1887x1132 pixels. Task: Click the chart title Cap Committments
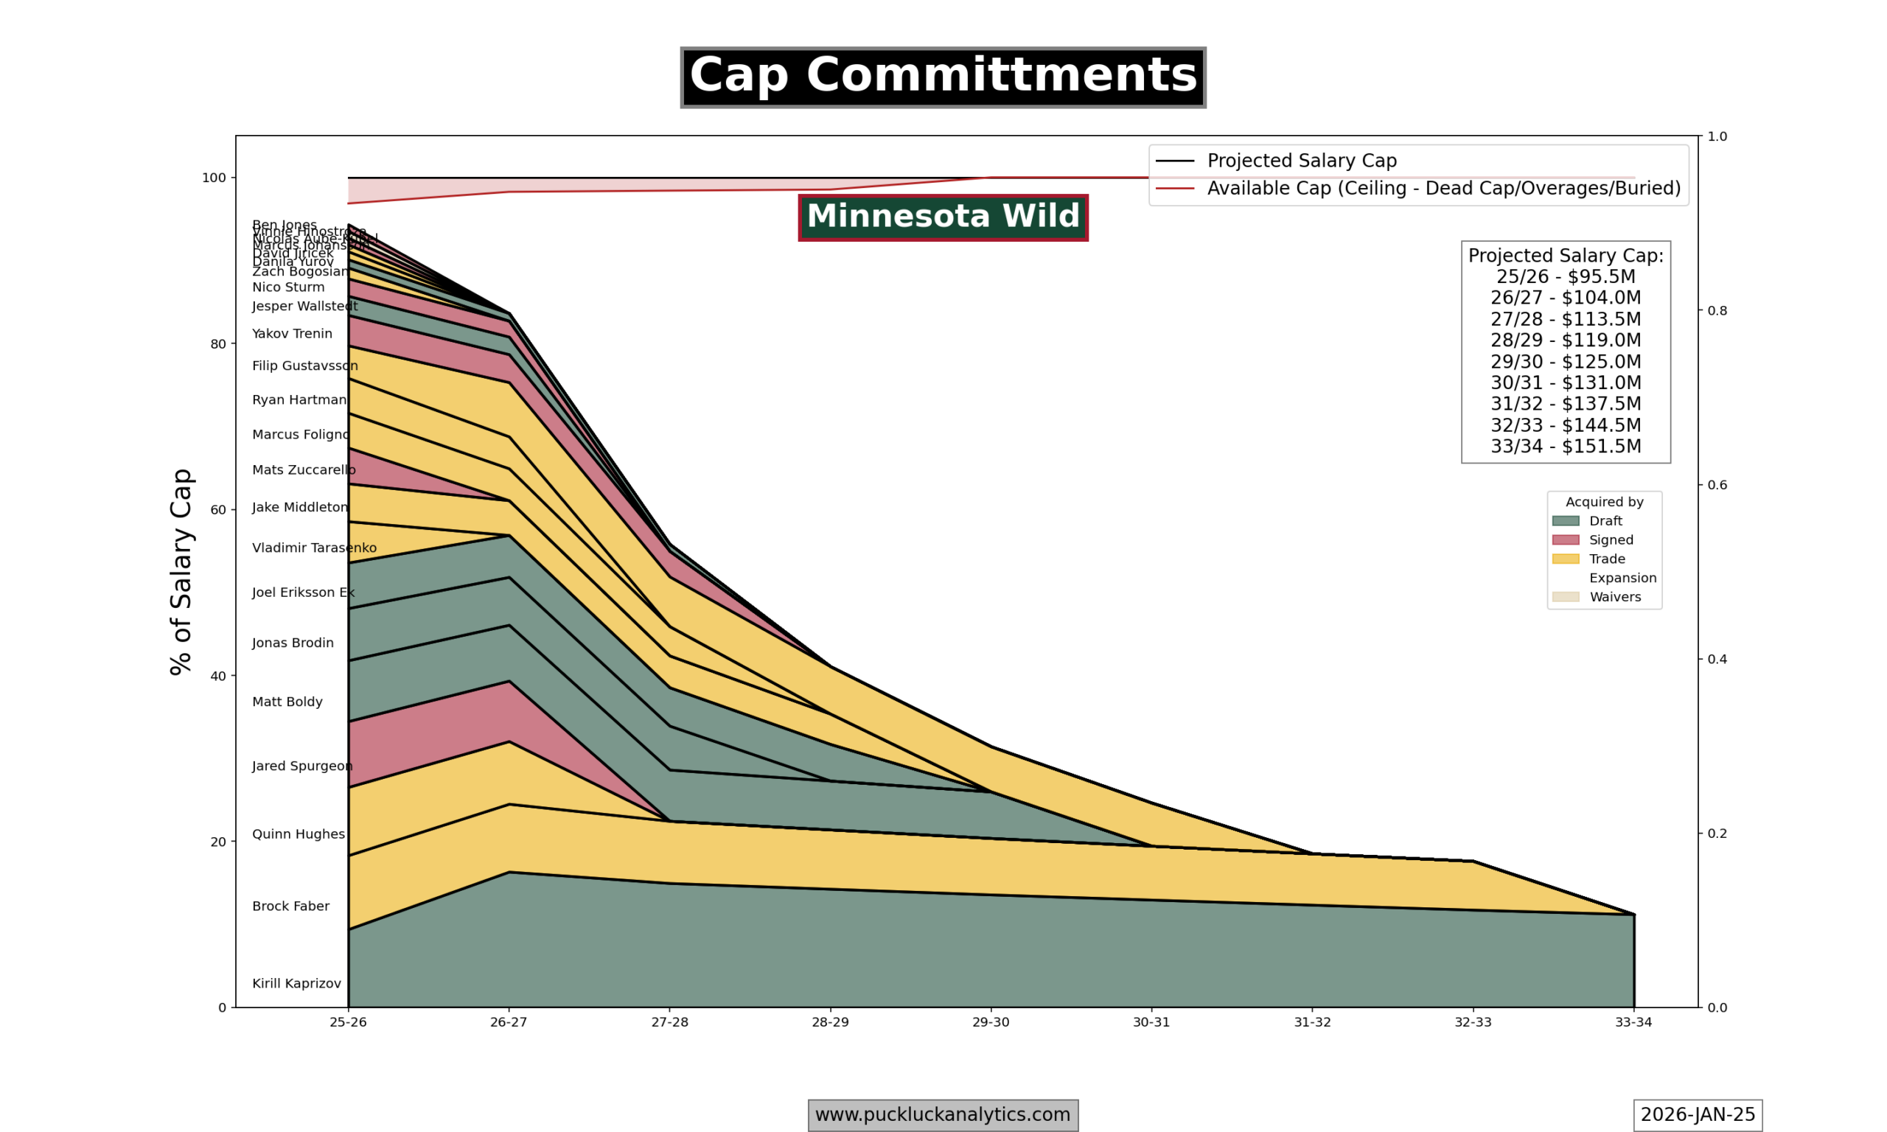tap(943, 77)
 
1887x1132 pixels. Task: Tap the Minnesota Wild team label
tap(943, 217)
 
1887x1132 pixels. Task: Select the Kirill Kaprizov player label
tap(297, 983)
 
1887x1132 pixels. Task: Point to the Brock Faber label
tap(290, 906)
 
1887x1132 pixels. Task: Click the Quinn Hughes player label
tap(299, 834)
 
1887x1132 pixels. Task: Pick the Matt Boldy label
tap(287, 702)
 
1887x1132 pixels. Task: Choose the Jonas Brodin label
tap(293, 643)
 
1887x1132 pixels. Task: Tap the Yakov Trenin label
tap(292, 334)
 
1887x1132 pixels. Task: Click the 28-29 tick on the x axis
tap(830, 1022)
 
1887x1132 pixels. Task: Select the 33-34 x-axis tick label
tap(1633, 1022)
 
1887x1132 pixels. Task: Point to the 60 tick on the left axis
tap(218, 509)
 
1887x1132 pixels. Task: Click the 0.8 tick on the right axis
tap(1717, 310)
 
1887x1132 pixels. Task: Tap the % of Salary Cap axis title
tap(181, 571)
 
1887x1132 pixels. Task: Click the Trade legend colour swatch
tap(1565, 559)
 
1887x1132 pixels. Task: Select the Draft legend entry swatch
tap(1565, 521)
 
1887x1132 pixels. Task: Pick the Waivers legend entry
tap(1615, 597)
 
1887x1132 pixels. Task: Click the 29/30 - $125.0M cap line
tap(1565, 362)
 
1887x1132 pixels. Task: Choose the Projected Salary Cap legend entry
tap(1301, 161)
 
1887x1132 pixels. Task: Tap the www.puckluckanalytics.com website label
tap(943, 1114)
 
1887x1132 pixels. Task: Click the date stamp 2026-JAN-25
tap(1698, 1114)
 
